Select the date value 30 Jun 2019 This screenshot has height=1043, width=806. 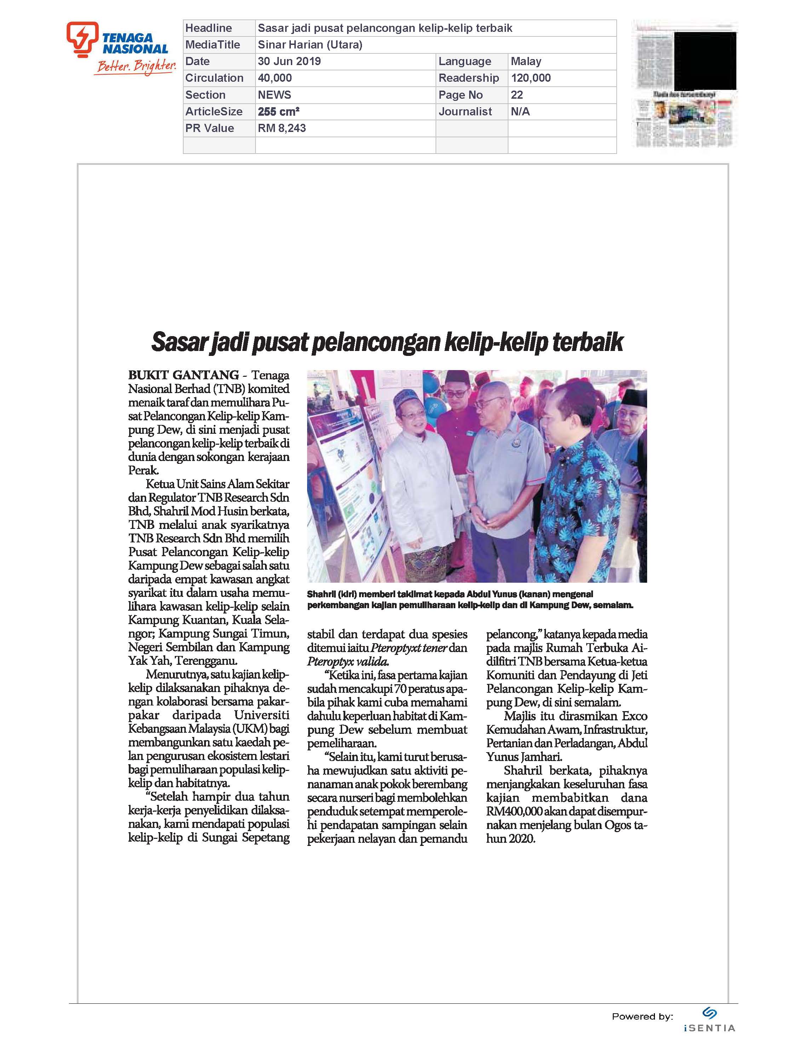[x=289, y=62]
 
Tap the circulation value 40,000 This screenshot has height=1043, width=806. [x=275, y=78]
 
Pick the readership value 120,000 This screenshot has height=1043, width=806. [x=530, y=78]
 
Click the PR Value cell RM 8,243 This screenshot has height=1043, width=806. [x=282, y=128]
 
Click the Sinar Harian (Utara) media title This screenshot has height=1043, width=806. [x=310, y=45]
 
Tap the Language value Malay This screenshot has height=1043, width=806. [x=526, y=62]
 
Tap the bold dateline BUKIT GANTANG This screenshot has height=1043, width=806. [x=183, y=375]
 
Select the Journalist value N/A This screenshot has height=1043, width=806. [x=520, y=112]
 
